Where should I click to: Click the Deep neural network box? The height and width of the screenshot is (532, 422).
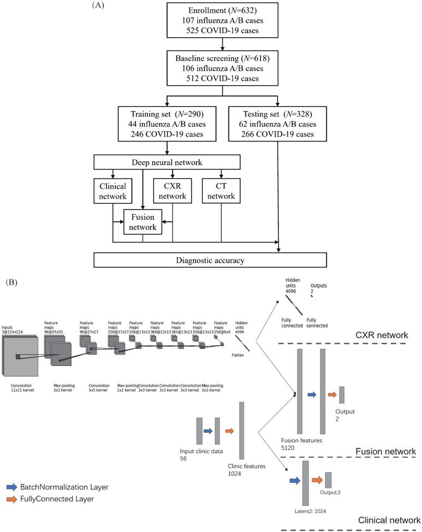click(167, 162)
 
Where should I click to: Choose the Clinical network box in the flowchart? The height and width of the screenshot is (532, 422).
click(112, 191)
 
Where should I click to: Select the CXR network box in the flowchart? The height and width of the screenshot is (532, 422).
click(172, 191)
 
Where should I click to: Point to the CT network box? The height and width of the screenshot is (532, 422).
click(221, 191)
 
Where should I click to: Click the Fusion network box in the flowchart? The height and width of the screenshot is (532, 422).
click(143, 222)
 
